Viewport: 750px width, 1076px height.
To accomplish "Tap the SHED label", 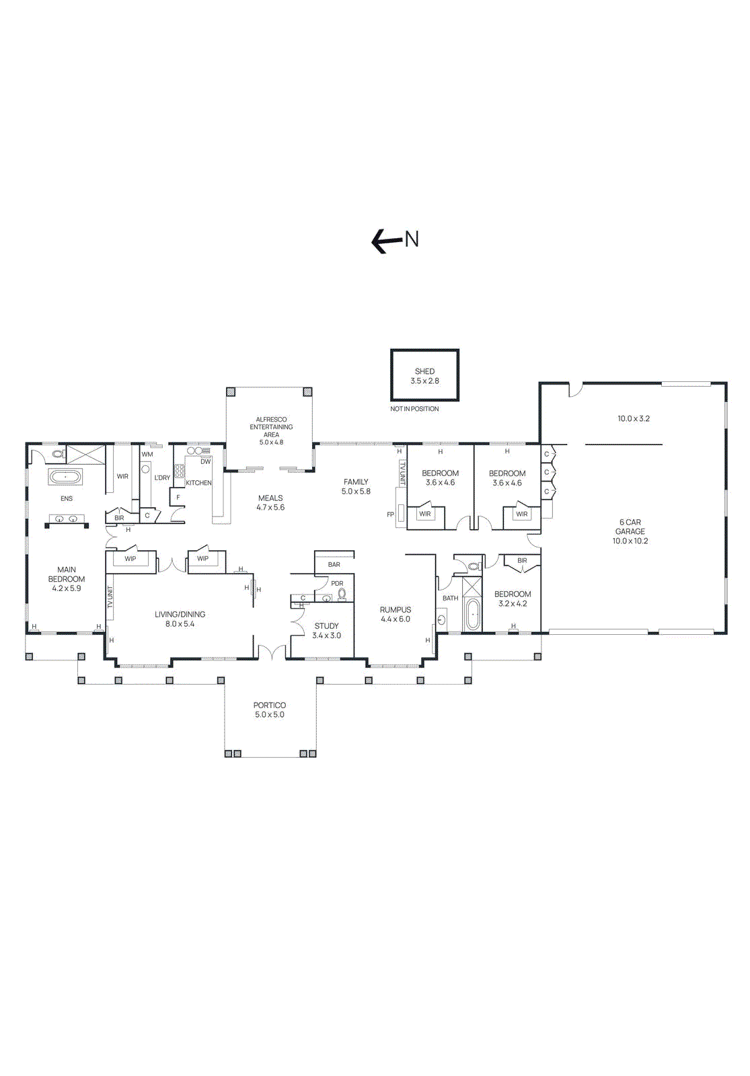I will point(424,372).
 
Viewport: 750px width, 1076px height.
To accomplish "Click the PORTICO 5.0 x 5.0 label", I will point(269,709).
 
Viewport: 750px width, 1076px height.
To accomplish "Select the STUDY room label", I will point(326,630).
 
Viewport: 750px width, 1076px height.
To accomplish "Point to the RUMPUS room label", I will point(395,614).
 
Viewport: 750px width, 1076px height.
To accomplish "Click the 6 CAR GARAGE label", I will point(630,531).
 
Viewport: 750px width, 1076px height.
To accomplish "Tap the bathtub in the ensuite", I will point(65,477).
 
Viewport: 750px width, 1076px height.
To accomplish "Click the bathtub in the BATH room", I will point(473,614).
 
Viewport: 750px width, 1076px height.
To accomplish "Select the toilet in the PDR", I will point(342,594).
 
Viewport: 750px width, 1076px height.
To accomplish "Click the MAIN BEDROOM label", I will point(66,578).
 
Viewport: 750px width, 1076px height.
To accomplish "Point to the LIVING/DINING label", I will point(180,619).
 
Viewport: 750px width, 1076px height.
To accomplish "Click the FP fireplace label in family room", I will point(390,514).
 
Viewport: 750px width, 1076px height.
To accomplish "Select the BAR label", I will point(334,564).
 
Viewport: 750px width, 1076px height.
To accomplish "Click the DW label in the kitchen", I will point(205,461).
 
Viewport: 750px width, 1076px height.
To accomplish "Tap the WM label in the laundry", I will point(147,454).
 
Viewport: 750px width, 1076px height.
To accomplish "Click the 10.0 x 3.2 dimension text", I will point(633,418).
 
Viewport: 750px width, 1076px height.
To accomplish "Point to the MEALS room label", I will point(270,502).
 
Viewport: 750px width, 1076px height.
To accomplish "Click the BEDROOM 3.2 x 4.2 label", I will point(512,599).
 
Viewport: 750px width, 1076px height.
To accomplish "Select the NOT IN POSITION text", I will point(414,409).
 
